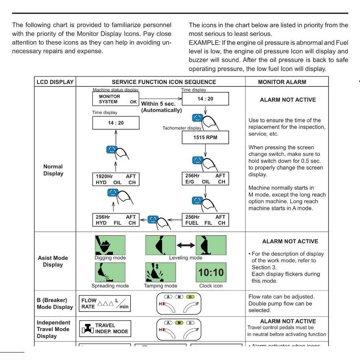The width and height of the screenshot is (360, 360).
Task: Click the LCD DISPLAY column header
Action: [55, 82]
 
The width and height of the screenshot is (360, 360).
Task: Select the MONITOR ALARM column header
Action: [282, 82]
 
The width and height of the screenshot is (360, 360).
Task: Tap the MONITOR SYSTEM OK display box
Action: [116, 99]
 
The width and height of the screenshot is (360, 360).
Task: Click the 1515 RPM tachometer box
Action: [205, 137]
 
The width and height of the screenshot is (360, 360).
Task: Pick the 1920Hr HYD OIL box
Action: [116, 179]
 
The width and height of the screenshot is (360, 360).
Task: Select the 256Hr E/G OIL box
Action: [205, 179]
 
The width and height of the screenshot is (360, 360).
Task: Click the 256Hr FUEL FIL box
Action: [205, 220]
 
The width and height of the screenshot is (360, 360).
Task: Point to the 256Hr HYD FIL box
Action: [116, 220]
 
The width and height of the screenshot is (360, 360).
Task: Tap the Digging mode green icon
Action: [110, 245]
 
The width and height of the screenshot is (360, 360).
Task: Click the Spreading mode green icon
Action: [110, 272]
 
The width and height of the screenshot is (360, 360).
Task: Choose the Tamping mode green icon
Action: [160, 272]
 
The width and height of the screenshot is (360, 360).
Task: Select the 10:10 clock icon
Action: [211, 272]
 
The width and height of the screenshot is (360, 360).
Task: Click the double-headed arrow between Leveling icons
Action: [186, 245]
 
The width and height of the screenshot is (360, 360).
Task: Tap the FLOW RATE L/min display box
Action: [105, 304]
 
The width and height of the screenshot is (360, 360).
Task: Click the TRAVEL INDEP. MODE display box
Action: [105, 328]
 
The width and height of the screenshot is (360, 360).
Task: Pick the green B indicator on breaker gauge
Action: [190, 297]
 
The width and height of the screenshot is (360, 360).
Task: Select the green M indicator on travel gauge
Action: [179, 323]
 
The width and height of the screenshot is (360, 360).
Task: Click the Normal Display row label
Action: [53, 170]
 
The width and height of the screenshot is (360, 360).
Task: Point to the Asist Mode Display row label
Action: [53, 261]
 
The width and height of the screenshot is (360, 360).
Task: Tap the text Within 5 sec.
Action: [158, 104]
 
